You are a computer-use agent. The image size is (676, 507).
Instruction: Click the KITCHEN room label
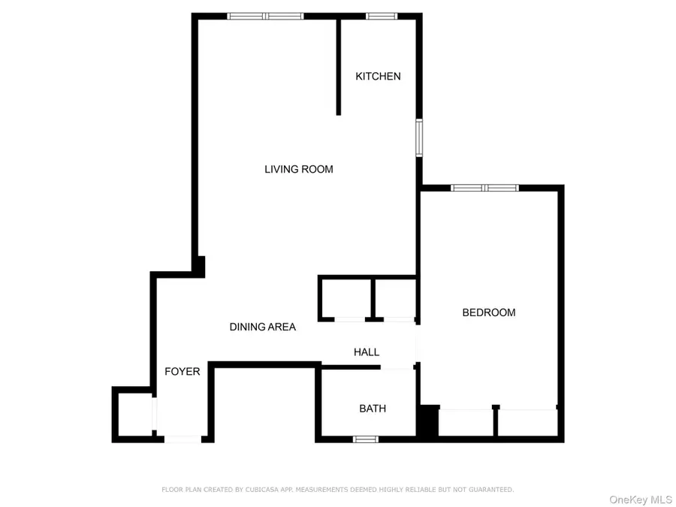(378, 76)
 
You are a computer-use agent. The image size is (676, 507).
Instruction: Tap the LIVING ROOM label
(298, 169)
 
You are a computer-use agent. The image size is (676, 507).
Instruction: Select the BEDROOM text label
(488, 312)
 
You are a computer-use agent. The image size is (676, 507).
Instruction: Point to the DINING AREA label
(262, 327)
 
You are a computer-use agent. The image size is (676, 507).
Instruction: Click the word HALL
(367, 352)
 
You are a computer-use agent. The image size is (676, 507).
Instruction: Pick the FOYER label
(183, 371)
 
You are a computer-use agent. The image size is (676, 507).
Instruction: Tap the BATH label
(373, 409)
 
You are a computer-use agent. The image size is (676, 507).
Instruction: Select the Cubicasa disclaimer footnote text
(338, 490)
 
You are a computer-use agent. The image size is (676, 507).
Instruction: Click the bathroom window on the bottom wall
(365, 439)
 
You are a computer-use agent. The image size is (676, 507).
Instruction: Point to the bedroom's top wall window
(484, 187)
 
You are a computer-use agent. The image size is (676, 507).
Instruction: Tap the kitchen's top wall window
(382, 16)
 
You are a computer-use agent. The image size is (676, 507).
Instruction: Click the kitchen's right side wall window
(421, 137)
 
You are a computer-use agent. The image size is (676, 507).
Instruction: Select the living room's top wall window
(265, 16)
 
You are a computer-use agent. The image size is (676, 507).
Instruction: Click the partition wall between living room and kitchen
(339, 66)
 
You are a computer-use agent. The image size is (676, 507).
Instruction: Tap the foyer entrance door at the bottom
(183, 439)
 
